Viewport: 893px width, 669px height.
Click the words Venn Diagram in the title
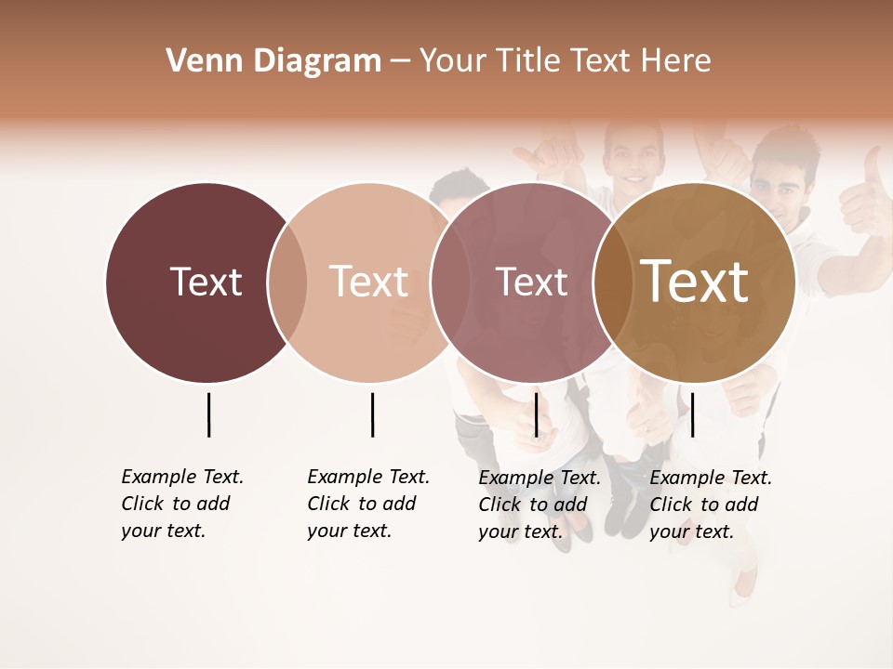(x=273, y=61)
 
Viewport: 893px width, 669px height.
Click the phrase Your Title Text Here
(x=565, y=61)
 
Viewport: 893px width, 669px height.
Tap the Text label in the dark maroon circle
(x=206, y=282)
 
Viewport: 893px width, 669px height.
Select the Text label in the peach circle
(x=368, y=282)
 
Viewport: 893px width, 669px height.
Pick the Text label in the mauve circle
(x=531, y=282)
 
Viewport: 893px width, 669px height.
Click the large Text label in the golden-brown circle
(x=695, y=282)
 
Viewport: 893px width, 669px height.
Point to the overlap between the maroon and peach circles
(x=287, y=282)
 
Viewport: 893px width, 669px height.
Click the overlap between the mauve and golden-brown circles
(x=613, y=282)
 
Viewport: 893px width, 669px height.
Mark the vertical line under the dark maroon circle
(x=208, y=414)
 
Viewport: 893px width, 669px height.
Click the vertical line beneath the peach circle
(x=372, y=414)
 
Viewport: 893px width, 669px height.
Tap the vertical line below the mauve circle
(x=536, y=414)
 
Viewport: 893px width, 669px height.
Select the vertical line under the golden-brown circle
(x=692, y=414)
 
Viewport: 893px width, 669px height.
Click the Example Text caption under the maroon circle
(x=181, y=504)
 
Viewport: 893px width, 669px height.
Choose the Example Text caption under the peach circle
(x=367, y=504)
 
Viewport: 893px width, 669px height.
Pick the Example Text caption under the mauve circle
(x=539, y=505)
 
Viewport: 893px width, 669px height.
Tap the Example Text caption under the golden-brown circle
(x=710, y=505)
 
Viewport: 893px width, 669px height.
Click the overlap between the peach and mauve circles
(x=444, y=282)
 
